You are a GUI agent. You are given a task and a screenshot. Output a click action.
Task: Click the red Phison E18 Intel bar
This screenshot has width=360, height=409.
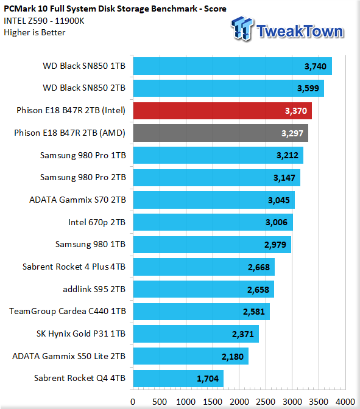[222, 111]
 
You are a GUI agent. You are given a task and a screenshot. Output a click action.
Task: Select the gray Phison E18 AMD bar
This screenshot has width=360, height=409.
[221, 133]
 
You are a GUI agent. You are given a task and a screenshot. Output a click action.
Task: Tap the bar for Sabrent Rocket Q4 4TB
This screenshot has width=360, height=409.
[178, 379]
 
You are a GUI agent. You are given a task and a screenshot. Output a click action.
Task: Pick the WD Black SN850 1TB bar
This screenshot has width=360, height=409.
[232, 66]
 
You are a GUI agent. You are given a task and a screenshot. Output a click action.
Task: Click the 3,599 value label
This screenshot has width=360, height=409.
[308, 88]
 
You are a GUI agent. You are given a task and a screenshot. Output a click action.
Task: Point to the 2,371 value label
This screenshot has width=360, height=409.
[243, 334]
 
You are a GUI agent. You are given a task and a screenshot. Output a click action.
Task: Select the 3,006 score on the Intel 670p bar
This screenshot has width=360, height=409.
[277, 222]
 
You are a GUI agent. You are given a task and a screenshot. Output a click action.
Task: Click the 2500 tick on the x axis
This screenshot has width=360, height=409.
[266, 402]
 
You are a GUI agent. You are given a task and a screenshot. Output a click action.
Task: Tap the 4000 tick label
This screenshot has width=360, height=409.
[345, 402]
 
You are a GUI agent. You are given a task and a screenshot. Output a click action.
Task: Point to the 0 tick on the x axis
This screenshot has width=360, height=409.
[133, 402]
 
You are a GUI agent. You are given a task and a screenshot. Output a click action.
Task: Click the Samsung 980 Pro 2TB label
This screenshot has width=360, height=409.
[83, 177]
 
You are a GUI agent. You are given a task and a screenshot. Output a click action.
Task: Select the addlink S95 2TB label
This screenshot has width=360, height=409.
[94, 289]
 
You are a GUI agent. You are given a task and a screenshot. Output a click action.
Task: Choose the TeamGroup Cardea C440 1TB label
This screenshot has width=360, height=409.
[68, 311]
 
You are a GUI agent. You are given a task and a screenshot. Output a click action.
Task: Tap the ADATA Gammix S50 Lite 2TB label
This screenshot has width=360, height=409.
[69, 356]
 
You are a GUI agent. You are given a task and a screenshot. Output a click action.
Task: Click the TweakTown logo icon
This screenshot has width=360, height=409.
[242, 29]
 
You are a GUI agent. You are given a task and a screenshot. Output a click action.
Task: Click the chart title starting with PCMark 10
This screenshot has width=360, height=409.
[115, 9]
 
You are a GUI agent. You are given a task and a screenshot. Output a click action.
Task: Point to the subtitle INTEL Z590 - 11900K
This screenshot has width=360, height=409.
[44, 21]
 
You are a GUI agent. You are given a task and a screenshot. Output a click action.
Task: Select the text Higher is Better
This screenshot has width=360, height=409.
[35, 33]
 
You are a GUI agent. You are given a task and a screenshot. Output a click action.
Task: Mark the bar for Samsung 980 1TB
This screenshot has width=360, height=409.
[212, 245]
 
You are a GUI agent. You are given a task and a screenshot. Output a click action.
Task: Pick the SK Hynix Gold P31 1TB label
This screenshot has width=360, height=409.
[81, 334]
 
